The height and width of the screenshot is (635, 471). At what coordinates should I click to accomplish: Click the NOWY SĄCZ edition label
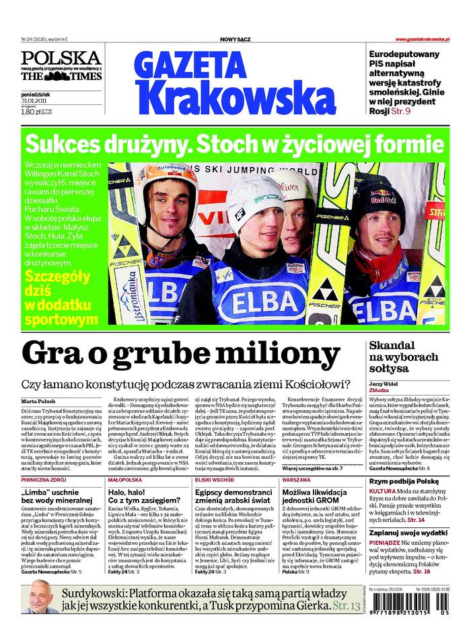click(235, 40)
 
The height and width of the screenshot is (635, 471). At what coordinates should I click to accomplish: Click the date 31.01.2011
click(32, 102)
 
